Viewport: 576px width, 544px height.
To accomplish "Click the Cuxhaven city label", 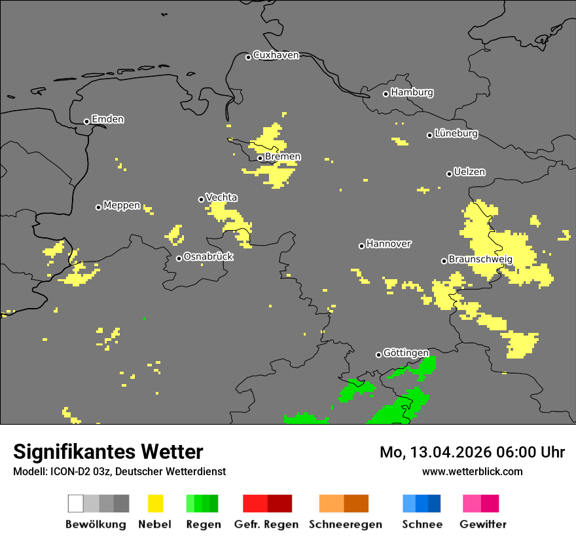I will coord(276,56).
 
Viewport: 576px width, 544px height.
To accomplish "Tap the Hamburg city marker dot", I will coord(386,94).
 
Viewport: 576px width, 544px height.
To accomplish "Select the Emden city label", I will coord(107,119).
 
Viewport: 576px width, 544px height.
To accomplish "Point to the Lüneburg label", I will coord(456,134).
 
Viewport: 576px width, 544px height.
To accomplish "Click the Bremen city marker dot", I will coord(260,158).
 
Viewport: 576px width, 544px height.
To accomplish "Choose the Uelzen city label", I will coord(469,172).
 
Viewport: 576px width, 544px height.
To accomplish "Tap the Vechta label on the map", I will coord(221,198).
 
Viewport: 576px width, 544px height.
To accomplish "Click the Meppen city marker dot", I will coord(98,207).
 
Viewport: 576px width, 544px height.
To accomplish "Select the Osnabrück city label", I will coord(208,257).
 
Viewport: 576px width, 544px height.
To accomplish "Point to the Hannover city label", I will coord(389,244).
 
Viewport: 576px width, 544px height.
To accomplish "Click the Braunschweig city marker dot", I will coord(444,261).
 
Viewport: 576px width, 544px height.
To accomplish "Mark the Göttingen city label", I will coord(406,353).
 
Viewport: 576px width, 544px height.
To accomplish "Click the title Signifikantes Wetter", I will coord(108,452).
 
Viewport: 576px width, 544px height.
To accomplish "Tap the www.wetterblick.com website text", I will coord(472,472).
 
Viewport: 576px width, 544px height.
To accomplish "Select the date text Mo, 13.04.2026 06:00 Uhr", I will coord(472,453).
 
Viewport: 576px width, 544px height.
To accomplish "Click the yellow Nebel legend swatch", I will coord(155,503).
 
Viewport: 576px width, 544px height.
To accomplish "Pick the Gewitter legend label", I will coord(482,524).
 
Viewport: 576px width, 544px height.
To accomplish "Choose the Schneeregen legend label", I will coord(345,524).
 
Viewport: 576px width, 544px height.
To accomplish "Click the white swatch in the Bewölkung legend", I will coord(76,503).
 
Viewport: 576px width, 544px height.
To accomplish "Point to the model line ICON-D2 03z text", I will coord(119,472).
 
